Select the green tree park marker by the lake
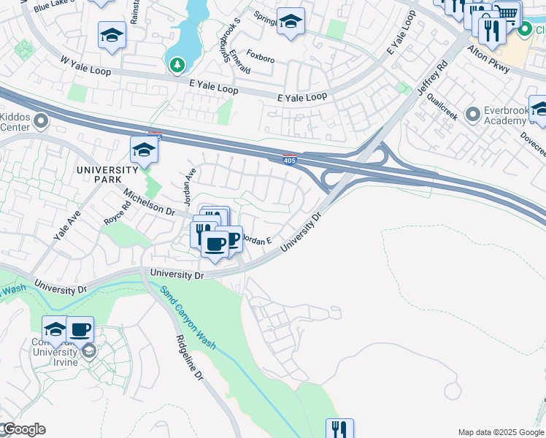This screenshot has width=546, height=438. coord(177,66)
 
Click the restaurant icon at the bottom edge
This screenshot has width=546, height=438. coord(339,429)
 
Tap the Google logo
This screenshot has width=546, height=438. coord(23,429)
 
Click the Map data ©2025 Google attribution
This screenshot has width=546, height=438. coord(501,432)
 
